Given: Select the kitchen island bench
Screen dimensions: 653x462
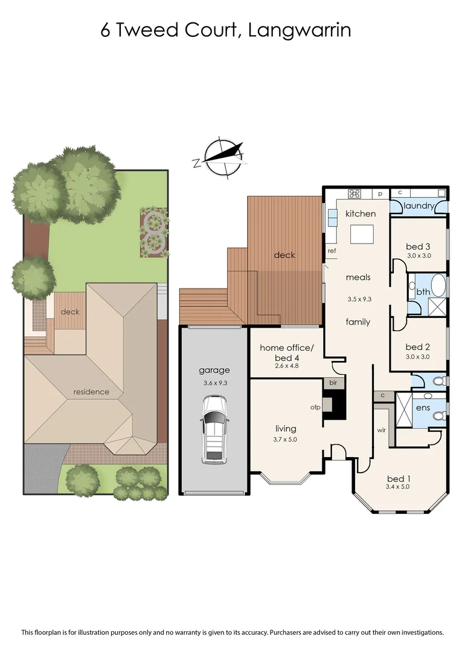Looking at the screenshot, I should [x=362, y=233].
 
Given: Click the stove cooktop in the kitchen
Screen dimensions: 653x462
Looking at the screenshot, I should [x=355, y=194].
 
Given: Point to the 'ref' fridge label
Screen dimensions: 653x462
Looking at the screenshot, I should [x=332, y=250].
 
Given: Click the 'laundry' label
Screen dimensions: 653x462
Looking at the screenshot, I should [x=419, y=206].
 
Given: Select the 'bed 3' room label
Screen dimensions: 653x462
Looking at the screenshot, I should [x=418, y=246].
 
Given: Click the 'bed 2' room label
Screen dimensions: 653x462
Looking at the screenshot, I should [x=418, y=346].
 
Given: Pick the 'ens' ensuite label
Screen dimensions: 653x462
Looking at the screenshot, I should [x=422, y=408].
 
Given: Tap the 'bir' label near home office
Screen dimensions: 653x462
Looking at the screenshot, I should [x=332, y=383].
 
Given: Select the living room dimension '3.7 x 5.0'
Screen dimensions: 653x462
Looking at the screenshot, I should [x=285, y=440].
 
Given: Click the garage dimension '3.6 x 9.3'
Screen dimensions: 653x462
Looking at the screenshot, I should [x=215, y=382].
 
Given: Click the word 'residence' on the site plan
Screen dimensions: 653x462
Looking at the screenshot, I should [x=91, y=391].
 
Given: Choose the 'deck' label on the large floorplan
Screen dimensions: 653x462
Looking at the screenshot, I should [x=284, y=255].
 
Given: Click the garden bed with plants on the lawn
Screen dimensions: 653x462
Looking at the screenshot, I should [x=153, y=233].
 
